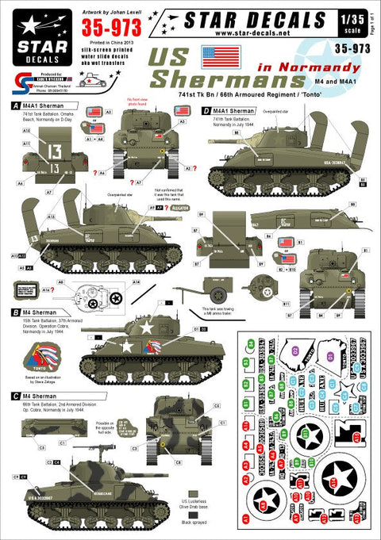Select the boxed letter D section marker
(x=205, y=112)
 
